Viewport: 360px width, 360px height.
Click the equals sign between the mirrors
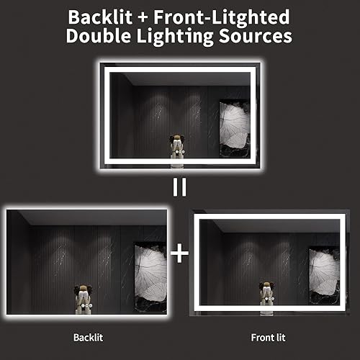(x=179, y=187)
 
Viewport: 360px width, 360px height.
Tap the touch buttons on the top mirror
(x=177, y=153)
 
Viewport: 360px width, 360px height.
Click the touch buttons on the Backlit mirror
(x=85, y=305)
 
